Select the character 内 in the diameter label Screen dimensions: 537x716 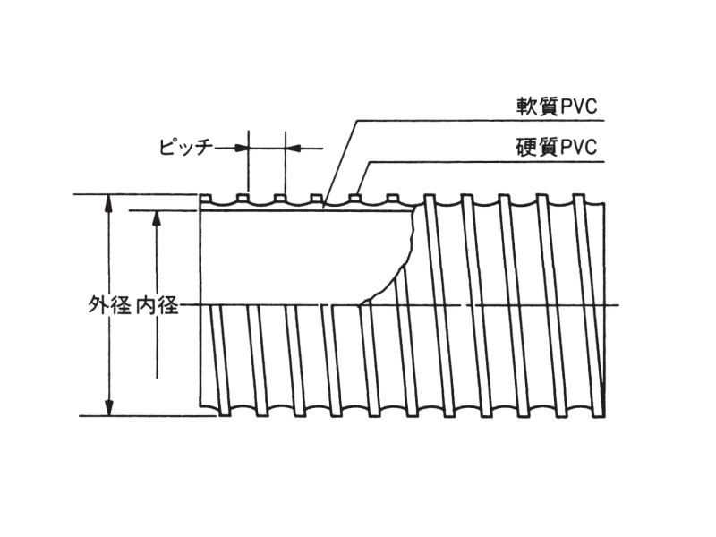point(149,306)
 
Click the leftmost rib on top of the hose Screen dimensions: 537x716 point(205,198)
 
